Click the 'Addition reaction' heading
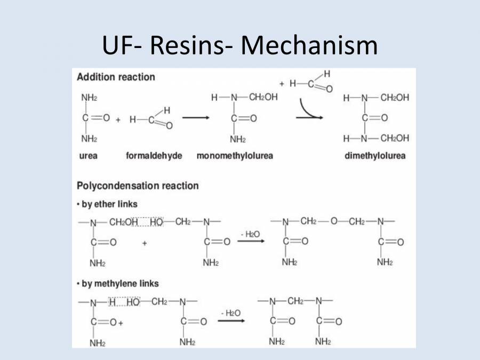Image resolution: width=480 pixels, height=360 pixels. [x=116, y=77]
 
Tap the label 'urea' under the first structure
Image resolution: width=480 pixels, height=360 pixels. [x=89, y=156]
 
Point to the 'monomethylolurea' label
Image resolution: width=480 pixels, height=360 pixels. [x=235, y=156]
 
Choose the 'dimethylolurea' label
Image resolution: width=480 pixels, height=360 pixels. [x=375, y=156]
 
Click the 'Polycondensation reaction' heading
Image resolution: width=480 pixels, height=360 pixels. [x=138, y=186]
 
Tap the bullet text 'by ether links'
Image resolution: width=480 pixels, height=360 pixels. [x=109, y=204]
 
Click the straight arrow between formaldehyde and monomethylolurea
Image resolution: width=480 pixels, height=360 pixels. [x=195, y=117]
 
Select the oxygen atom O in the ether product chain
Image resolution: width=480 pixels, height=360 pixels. [x=334, y=221]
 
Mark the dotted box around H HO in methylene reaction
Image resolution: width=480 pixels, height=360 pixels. [x=124, y=302]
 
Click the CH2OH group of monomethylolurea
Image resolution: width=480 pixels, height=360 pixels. [x=263, y=98]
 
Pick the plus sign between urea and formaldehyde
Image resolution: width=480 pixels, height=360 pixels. [x=118, y=119]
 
